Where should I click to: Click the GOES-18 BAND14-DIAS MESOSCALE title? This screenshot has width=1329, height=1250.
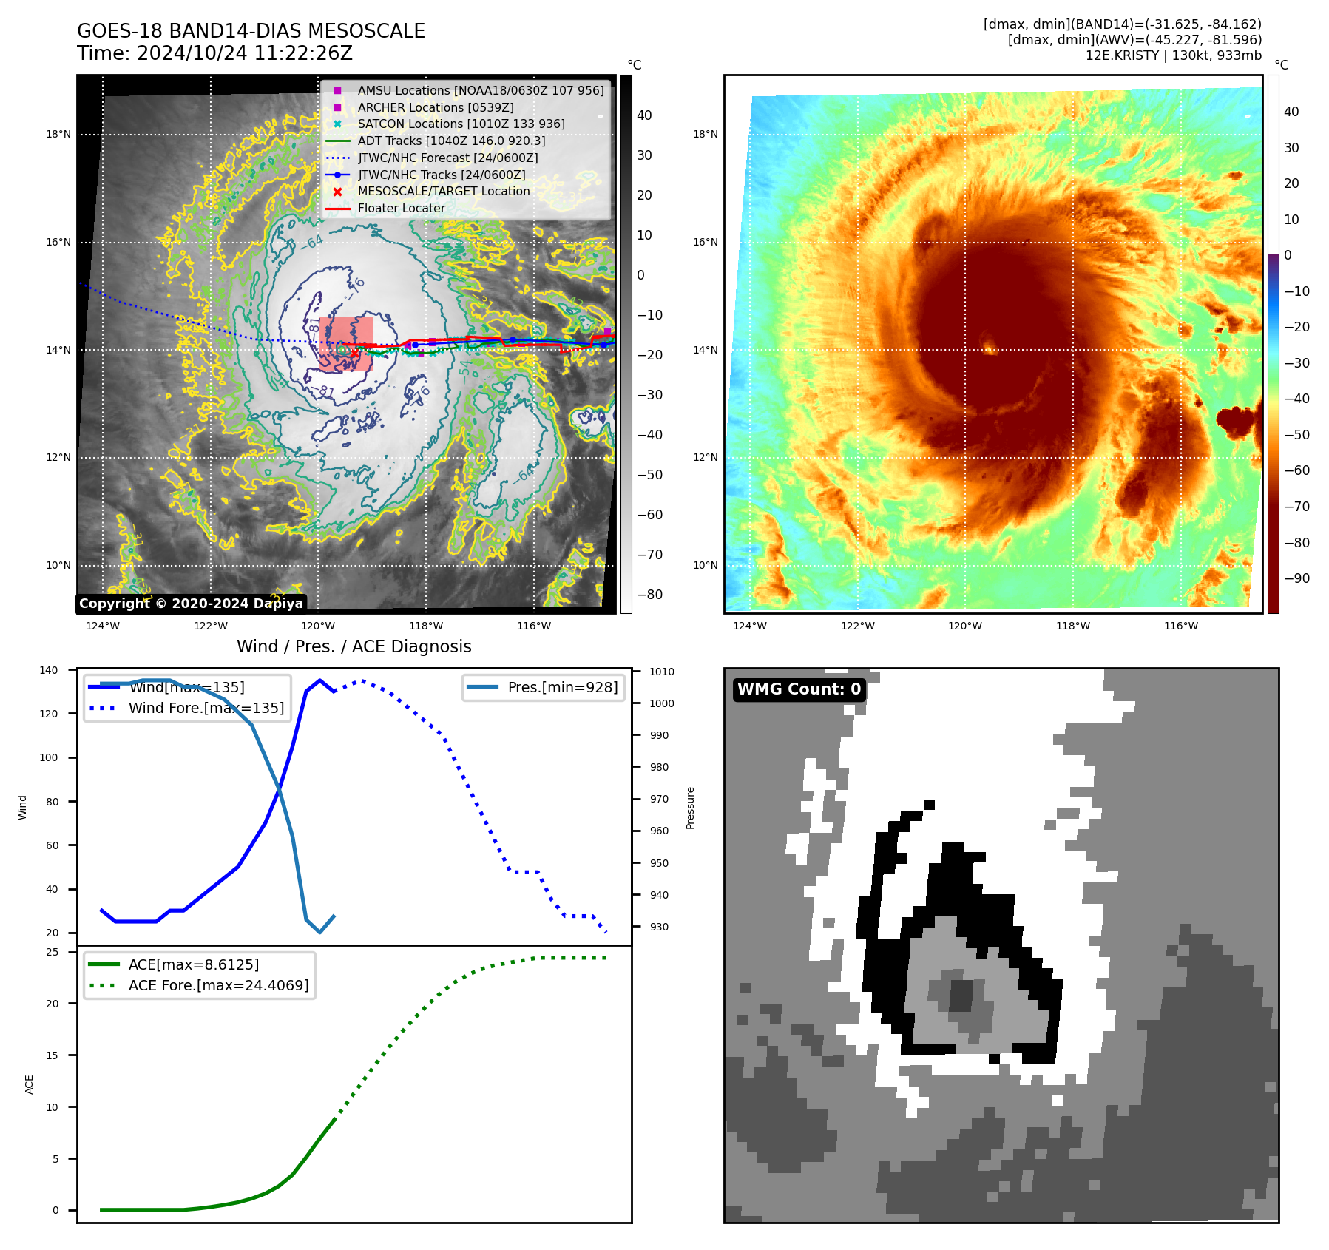[x=251, y=31]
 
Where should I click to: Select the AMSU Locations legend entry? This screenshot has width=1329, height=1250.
[x=480, y=90]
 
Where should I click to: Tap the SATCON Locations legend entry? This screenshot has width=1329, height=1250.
[x=461, y=124]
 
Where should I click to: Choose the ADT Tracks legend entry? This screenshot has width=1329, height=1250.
[x=451, y=141]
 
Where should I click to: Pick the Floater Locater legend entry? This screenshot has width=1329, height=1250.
[x=401, y=209]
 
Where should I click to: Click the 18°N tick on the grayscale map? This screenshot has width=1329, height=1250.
[x=58, y=135]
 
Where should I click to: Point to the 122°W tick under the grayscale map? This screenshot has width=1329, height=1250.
[x=211, y=626]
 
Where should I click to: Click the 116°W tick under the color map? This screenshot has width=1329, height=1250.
[x=1181, y=626]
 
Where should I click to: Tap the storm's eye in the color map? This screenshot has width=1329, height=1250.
[x=989, y=346]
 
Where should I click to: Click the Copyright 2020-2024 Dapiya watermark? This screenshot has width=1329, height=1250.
[x=191, y=604]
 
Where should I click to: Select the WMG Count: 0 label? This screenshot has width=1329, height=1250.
[x=799, y=689]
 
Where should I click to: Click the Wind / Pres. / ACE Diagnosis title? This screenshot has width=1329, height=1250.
[x=354, y=646]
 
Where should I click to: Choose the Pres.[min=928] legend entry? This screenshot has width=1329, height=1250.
[x=562, y=687]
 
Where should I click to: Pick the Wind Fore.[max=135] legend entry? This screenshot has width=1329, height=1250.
[x=206, y=708]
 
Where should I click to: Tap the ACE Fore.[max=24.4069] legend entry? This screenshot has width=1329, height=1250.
[x=218, y=985]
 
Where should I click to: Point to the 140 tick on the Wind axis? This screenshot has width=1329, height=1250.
[x=49, y=670]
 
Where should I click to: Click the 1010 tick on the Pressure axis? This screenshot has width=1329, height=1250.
[x=662, y=672]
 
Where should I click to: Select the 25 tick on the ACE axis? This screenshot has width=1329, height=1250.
[x=53, y=952]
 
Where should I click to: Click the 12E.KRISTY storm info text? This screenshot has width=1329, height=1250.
[x=1173, y=55]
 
